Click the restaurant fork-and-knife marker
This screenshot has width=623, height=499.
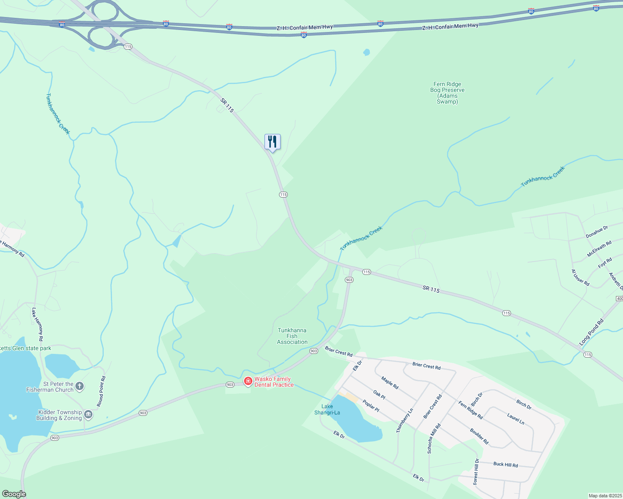[272, 142]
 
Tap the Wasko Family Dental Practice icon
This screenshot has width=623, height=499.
[248, 381]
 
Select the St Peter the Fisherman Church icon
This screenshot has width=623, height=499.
[79, 386]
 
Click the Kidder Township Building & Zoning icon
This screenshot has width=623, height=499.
[88, 415]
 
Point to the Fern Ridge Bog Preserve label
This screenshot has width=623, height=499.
[447, 93]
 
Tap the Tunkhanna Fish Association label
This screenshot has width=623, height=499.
[292, 336]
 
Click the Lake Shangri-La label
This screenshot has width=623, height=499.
[327, 410]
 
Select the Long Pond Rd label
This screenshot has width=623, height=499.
[591, 332]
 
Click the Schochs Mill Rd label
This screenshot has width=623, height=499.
[434, 438]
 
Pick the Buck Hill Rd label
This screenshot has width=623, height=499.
[505, 464]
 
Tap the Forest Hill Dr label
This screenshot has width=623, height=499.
[476, 472]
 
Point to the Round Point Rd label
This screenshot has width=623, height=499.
[101, 391]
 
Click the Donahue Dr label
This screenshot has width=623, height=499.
[597, 232]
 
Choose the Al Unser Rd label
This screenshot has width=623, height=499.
[580, 278]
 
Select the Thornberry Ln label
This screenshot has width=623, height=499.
[405, 420]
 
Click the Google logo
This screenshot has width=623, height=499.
[14, 494]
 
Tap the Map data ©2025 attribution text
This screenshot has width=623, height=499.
[605, 496]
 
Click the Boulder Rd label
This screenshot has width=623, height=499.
[479, 436]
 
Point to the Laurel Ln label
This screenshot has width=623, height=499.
[516, 418]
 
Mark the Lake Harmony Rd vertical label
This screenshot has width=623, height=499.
[37, 324]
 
